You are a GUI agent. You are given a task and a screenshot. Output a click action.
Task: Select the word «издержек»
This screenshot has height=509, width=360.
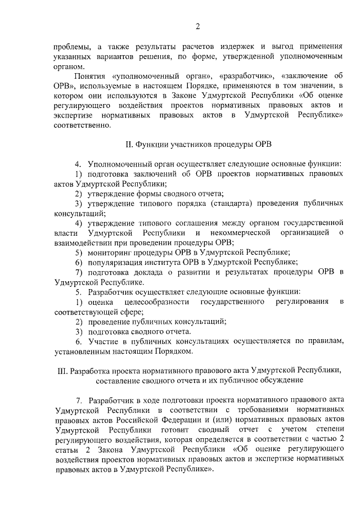pyautogui.click(x=239, y=47)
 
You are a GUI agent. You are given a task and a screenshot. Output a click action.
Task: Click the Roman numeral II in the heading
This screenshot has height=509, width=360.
pyautogui.click(x=128, y=145)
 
